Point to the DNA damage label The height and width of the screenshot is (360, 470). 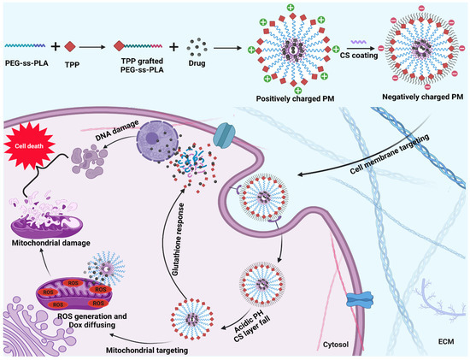pyautogui.click(x=108, y=123)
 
